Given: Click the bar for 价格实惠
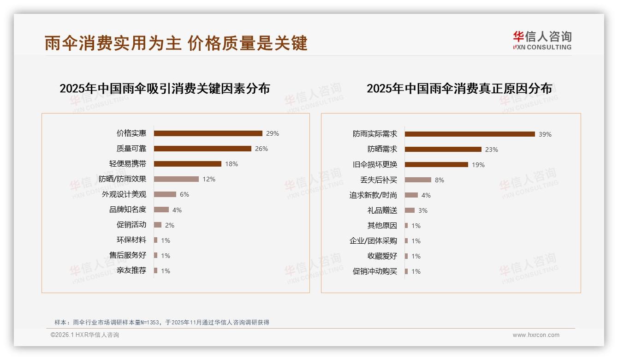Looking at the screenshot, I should pyautogui.click(x=208, y=133).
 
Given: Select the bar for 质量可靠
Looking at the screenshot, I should pyautogui.click(x=202, y=149).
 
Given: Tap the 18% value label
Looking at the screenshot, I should pyautogui.click(x=232, y=164).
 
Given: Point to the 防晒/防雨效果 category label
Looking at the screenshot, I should pyautogui.click(x=122, y=179).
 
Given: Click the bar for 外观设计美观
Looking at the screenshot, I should pyautogui.click(x=165, y=194).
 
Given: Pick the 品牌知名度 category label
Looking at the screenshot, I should pyautogui.click(x=128, y=210).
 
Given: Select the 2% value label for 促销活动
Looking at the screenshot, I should pyautogui.click(x=170, y=225).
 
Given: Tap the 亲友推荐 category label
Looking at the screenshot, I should pyautogui.click(x=131, y=270).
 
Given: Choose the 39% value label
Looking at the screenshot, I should pyautogui.click(x=545, y=135).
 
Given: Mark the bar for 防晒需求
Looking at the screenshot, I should pyautogui.click(x=443, y=150).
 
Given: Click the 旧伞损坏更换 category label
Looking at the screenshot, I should pyautogui.click(x=375, y=165).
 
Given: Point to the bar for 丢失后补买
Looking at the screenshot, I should pyautogui.click(x=418, y=180).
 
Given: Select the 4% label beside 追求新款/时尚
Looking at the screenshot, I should pyautogui.click(x=426, y=196).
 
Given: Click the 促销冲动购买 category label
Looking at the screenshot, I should pyautogui.click(x=375, y=271).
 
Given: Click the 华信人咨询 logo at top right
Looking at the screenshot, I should pyautogui.click(x=542, y=40).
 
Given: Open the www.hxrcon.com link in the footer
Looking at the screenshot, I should pyautogui.click(x=536, y=335).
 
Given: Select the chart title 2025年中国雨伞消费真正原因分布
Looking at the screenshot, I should pyautogui.click(x=459, y=89).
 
